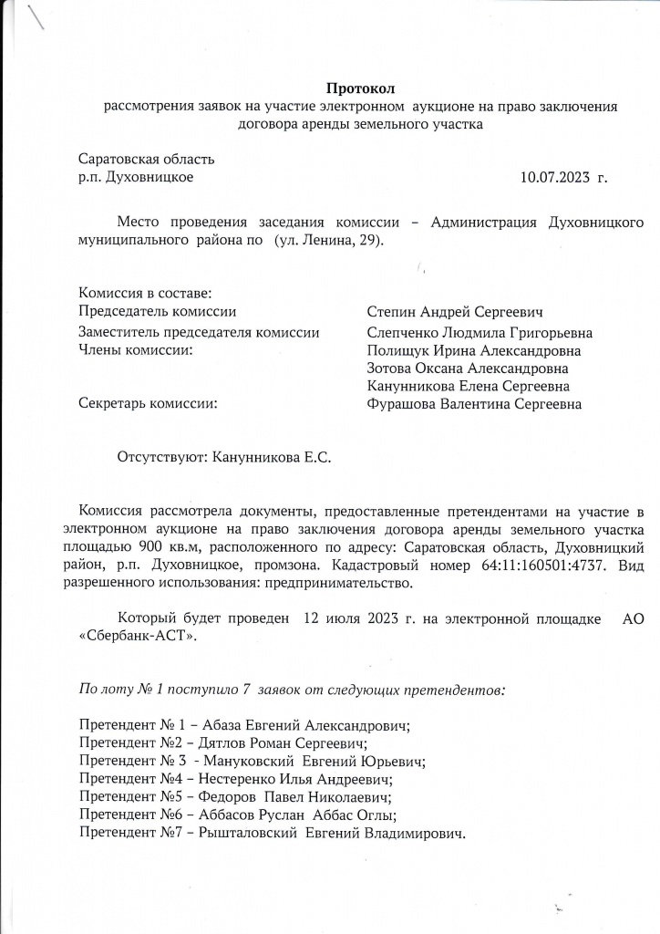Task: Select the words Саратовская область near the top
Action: tap(147, 160)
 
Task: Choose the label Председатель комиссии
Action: tap(158, 313)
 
